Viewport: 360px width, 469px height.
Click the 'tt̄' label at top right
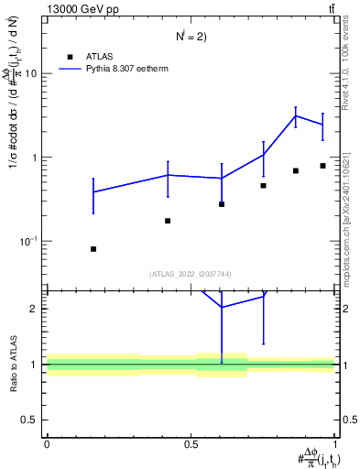pyautogui.click(x=331, y=9)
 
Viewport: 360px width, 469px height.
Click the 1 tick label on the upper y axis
pyautogui.click(x=34, y=158)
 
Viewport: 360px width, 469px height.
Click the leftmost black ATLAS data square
pyautogui.click(x=93, y=249)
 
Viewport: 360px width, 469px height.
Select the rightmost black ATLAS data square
pyautogui.click(x=322, y=166)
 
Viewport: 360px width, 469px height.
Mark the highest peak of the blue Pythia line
pyautogui.click(x=296, y=115)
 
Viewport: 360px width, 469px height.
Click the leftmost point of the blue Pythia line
pyautogui.click(x=93, y=191)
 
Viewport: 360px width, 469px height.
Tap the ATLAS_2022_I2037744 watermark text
pyautogui.click(x=191, y=274)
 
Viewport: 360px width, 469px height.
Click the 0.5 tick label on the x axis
pyautogui.click(x=191, y=443)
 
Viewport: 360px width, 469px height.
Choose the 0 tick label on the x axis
pyautogui.click(x=47, y=443)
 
